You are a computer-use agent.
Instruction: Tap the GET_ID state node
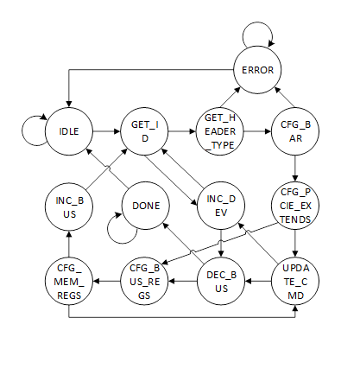tap(142, 132)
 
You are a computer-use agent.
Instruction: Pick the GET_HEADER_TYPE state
tap(220, 132)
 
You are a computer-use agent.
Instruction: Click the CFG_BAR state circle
tap(296, 132)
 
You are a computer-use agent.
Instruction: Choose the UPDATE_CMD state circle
tap(296, 279)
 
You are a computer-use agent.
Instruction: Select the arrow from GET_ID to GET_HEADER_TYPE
tap(181, 132)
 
